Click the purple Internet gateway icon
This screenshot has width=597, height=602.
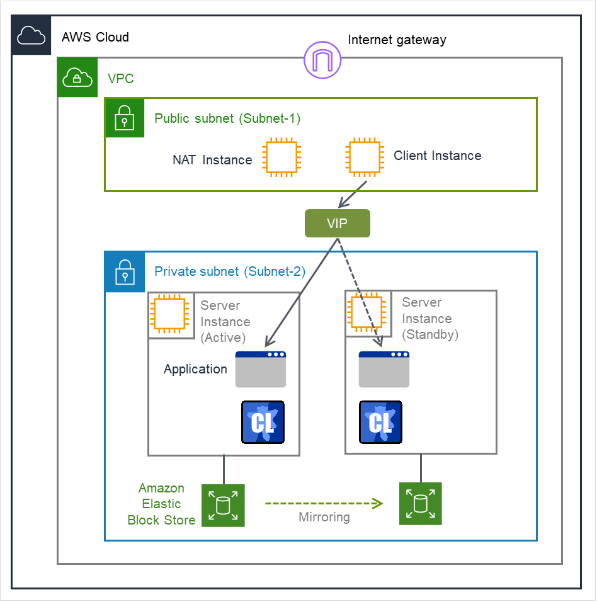[322, 60]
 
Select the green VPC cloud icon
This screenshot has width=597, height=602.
[77, 77]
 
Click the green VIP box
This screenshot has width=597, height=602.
[337, 224]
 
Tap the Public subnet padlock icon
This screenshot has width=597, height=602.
[125, 118]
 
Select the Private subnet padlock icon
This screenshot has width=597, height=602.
[125, 272]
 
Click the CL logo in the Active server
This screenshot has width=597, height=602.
[263, 422]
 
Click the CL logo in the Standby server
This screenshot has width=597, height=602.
[380, 422]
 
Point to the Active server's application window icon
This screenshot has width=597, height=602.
[261, 370]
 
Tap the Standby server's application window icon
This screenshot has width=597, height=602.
[384, 370]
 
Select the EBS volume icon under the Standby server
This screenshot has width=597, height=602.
[421, 504]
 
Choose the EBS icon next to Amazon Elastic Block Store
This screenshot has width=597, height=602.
[223, 505]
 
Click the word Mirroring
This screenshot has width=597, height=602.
[324, 517]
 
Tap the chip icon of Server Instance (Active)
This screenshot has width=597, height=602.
[171, 314]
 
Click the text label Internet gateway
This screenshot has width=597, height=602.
[397, 40]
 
